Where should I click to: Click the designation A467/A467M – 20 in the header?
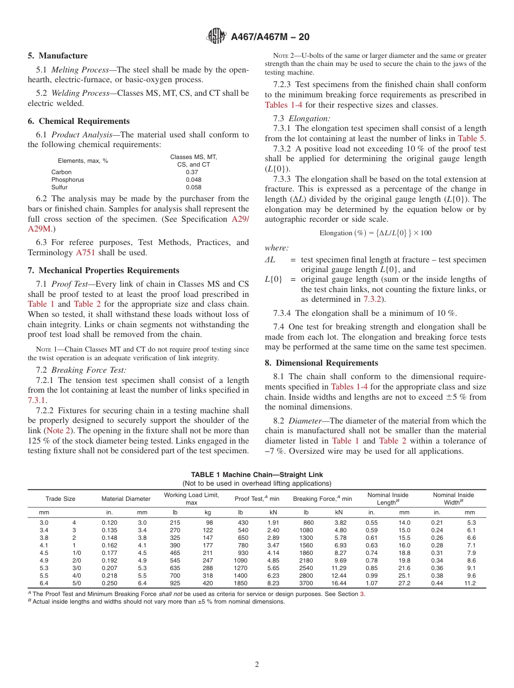pyautogui.click(x=270, y=37)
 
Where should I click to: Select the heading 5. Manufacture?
pyautogui.click(x=58, y=56)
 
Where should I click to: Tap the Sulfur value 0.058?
pyautogui.click(x=193, y=187)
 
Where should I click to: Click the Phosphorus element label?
pyautogui.click(x=68, y=180)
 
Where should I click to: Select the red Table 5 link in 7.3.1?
pyautogui.click(x=472, y=138)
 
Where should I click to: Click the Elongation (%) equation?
pyautogui.click(x=375, y=233)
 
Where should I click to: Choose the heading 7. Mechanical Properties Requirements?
pyautogui.click(x=103, y=270)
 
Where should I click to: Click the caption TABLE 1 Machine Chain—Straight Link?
pyautogui.click(x=256, y=475)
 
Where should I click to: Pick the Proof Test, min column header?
pyautogui.click(x=256, y=499)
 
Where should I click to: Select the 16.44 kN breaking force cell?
pyautogui.click(x=339, y=584)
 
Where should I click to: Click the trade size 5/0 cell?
pyautogui.click(x=77, y=584)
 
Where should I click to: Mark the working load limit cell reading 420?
pyautogui.click(x=208, y=584)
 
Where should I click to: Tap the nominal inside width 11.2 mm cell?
pyautogui.click(x=470, y=584)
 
